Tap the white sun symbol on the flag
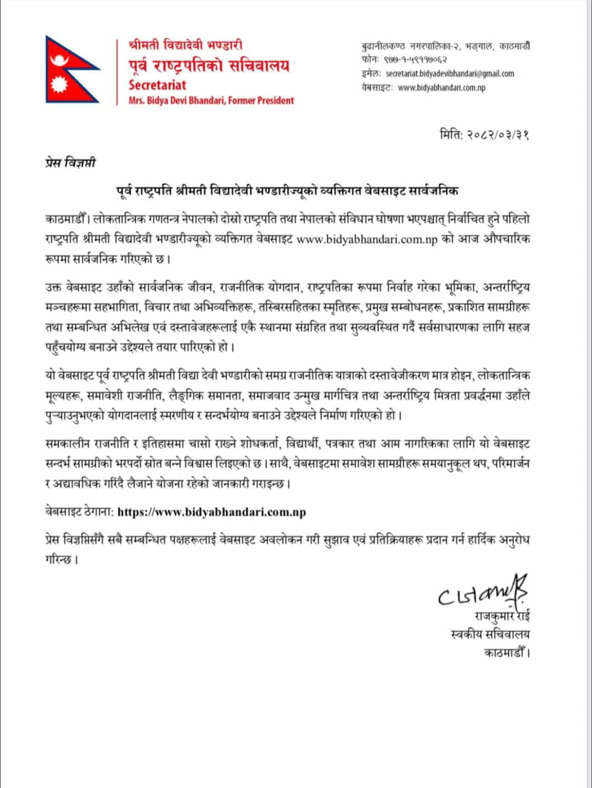pos(59,83)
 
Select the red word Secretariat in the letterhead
pos(157,85)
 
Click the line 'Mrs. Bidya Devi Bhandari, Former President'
pos(211,101)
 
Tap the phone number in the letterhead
pos(419,60)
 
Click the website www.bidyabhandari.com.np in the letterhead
pos(441,88)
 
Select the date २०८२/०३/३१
pos(498,135)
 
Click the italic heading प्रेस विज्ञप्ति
pos(70,163)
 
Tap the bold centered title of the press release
pos(287,191)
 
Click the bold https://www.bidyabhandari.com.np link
pos(212,512)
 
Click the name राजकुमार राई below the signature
pos(502,616)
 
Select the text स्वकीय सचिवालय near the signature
pos(489,635)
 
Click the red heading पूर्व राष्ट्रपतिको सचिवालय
pos(209,66)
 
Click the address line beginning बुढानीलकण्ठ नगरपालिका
pos(445,46)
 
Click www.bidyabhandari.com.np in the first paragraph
pos(367,240)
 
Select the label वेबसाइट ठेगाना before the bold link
pos(78,512)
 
